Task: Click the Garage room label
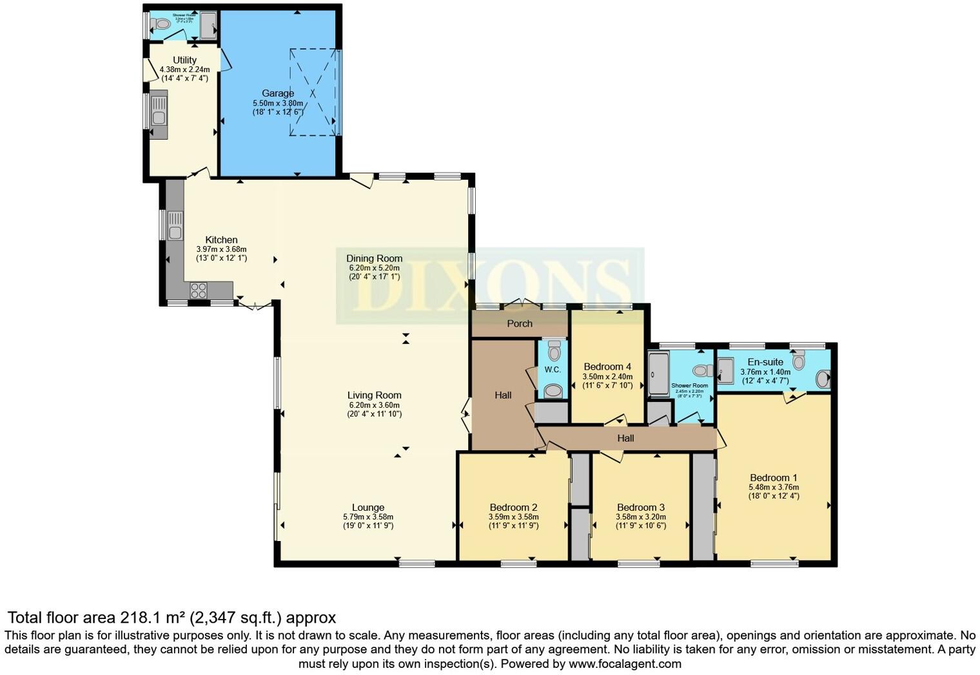pos(278,93)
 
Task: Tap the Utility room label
pos(184,60)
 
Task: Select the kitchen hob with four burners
pos(198,290)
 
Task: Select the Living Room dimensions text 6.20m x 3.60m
pos(374,405)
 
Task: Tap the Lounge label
pos(368,508)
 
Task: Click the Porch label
pos(520,323)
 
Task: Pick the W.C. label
pos(553,370)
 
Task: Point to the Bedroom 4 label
pos(607,366)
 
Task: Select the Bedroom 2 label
pos(513,508)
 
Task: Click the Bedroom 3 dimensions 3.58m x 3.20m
pos(641,517)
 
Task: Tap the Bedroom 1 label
pos(773,478)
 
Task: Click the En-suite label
pos(765,362)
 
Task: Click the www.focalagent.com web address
pos(624,664)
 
